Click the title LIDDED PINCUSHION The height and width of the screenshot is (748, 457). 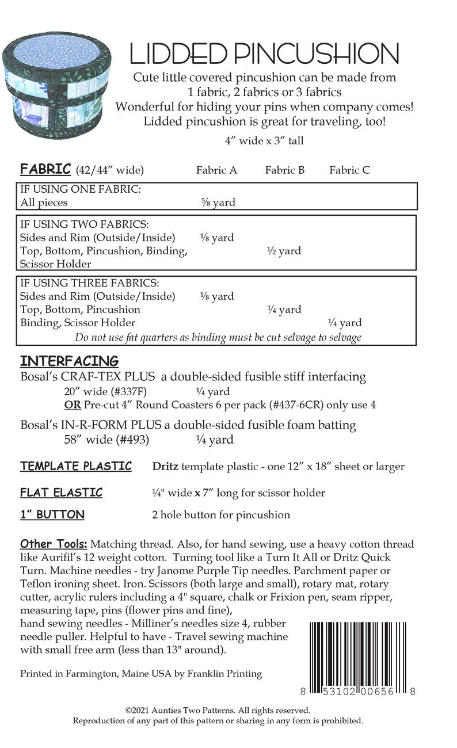[x=264, y=54]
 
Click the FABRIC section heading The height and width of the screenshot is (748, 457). [x=45, y=169]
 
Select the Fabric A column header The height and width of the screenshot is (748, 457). [x=216, y=170]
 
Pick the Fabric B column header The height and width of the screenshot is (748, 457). [x=284, y=170]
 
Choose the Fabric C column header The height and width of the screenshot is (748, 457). [x=349, y=170]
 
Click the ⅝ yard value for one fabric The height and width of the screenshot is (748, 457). [x=218, y=203]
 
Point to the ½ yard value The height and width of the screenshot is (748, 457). [x=284, y=251]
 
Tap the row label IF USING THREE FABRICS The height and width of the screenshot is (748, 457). [x=89, y=283]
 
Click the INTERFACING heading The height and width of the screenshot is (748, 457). [x=69, y=361]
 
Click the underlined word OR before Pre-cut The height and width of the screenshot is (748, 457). [x=73, y=404]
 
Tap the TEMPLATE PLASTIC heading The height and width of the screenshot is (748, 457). [x=76, y=466]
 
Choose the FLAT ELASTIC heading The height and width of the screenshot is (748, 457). [x=61, y=493]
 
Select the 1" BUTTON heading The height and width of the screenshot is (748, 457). [x=52, y=514]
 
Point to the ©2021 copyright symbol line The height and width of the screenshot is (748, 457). [x=218, y=711]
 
